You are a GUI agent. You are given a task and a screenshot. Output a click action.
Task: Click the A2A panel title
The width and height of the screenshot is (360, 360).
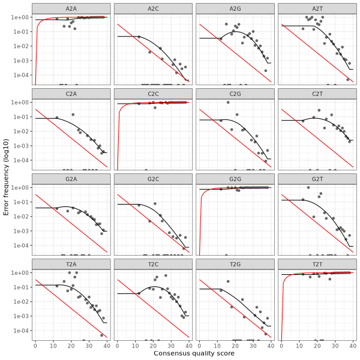tap(71, 8)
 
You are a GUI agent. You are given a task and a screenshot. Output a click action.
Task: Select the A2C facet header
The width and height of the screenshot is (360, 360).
tap(153, 8)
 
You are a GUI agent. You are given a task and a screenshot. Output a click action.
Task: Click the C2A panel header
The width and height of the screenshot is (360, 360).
tap(71, 94)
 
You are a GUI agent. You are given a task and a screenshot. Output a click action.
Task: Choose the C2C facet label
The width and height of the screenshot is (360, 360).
tap(153, 94)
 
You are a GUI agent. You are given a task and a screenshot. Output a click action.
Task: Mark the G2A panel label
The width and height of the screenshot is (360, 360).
tap(71, 179)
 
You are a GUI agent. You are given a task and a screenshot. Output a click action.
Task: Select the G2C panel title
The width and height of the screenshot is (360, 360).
tap(153, 179)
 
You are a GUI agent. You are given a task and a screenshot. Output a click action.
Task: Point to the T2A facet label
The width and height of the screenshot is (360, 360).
tap(71, 264)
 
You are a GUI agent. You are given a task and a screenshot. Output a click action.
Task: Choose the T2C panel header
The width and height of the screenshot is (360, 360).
tap(153, 264)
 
